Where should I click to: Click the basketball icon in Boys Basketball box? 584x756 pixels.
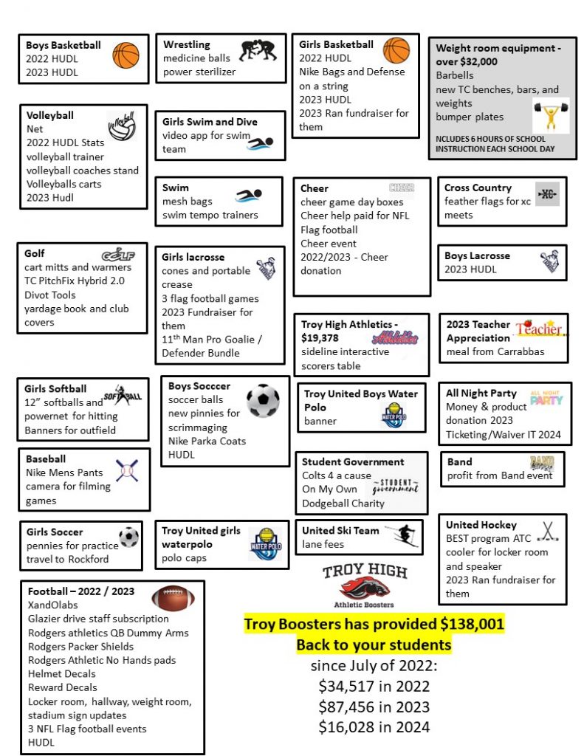(x=126, y=55)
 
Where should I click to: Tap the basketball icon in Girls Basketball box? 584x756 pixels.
(x=396, y=50)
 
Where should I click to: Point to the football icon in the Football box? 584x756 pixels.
(x=174, y=598)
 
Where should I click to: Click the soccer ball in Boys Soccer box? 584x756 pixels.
(x=263, y=401)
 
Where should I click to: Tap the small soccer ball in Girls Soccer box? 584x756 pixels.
(x=128, y=537)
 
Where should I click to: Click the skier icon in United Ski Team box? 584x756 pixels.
(x=405, y=535)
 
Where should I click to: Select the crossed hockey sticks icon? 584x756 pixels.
(x=547, y=532)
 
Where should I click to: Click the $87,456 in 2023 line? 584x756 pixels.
(x=374, y=706)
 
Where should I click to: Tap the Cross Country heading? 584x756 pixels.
(x=478, y=188)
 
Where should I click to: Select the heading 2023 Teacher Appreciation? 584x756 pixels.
(x=478, y=331)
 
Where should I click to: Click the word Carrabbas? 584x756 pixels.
(x=518, y=351)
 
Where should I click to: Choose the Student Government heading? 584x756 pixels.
(x=353, y=461)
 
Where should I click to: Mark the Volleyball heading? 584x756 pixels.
(x=50, y=115)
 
